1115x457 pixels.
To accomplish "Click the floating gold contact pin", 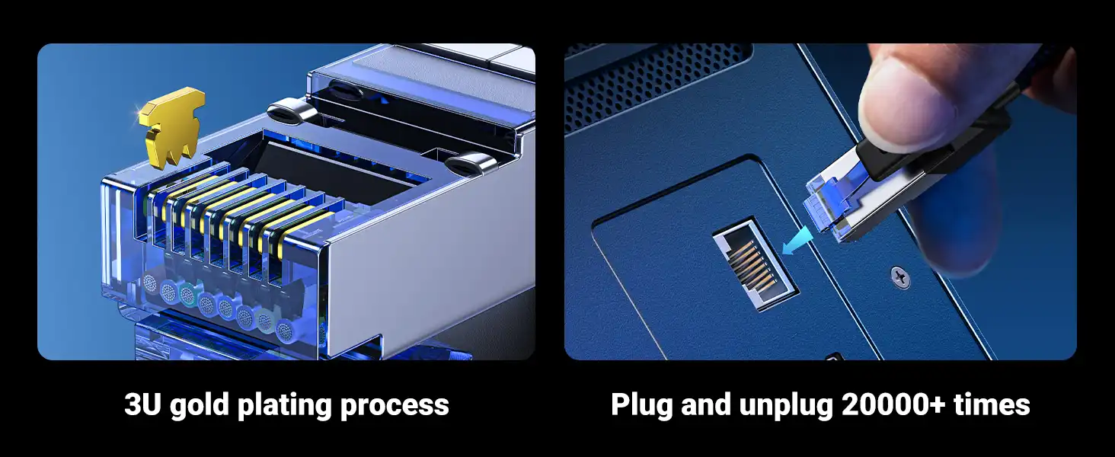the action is point(171,124).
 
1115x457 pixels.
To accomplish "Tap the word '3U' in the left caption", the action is point(143,404).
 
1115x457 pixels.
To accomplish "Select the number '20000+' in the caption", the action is point(893,404).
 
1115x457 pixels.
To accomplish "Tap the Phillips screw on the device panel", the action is point(900,276).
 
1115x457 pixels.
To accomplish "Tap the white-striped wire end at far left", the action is point(149,283).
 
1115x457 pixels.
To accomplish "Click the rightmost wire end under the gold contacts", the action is point(285,330).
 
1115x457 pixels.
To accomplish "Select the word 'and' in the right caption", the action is point(706,404).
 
